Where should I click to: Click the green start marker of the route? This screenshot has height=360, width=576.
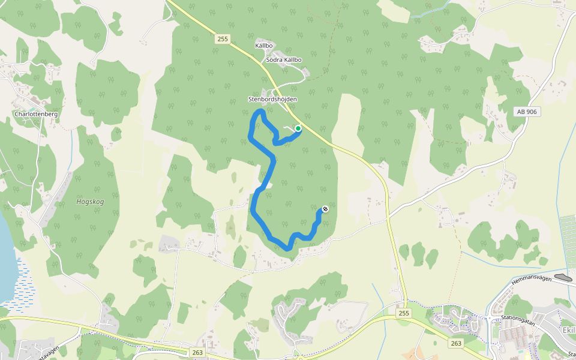(298, 128)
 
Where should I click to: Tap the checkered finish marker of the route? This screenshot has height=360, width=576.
(325, 209)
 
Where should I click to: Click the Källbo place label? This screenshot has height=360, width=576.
(264, 46)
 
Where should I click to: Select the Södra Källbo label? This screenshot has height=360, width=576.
(283, 59)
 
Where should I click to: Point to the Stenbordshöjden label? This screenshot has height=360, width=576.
(269, 99)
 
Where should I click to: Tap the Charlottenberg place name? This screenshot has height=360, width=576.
(35, 113)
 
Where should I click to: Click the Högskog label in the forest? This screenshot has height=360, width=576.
(90, 202)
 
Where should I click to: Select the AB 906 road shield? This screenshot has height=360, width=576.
(526, 112)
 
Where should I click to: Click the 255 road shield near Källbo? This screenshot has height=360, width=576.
(222, 39)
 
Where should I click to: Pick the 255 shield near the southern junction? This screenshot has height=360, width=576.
(404, 313)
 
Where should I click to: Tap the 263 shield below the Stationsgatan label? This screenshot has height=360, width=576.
(456, 343)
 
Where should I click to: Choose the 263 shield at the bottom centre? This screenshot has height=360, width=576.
(197, 352)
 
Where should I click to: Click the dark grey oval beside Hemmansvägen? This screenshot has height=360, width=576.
(563, 277)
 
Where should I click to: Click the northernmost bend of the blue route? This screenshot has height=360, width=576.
(260, 111)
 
